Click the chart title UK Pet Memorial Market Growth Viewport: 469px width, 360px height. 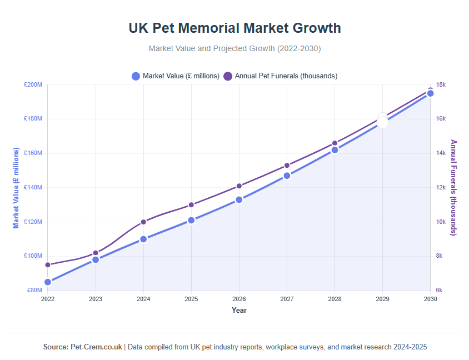234,28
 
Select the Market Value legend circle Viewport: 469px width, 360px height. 136,76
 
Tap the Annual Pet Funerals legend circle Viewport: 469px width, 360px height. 228,76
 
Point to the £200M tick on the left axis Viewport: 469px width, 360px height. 33,84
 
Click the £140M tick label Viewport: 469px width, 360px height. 33,187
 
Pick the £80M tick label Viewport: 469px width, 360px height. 34,290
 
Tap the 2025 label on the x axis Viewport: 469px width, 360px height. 191,299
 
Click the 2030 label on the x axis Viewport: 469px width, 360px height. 430,299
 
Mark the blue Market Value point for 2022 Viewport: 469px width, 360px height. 48,282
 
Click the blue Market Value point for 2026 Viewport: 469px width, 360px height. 239,199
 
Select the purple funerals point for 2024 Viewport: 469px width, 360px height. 143,222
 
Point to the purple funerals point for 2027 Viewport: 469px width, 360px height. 287,166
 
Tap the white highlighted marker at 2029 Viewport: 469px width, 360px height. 382,121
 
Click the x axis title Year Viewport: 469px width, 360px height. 239,311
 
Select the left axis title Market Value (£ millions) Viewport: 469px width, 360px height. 17,188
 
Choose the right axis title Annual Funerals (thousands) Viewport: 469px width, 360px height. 453,187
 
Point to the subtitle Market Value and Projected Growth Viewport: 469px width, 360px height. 234,48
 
